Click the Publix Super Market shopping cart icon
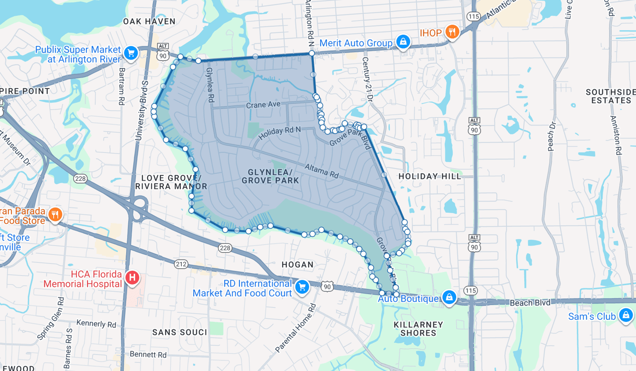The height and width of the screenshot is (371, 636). (131, 53)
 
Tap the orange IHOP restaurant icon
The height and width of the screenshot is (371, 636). (452, 32)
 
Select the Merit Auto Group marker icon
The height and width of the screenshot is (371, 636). (403, 42)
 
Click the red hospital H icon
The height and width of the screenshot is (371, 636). (132, 278)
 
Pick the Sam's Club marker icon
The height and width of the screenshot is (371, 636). (625, 315)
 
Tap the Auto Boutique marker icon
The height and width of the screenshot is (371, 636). (449, 297)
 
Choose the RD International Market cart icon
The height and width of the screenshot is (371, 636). (302, 287)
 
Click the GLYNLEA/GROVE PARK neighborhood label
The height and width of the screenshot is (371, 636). (270, 176)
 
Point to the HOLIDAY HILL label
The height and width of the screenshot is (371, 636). (429, 176)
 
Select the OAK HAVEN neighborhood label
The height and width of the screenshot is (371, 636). (149, 21)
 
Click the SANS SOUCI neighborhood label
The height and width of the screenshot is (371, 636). (179, 332)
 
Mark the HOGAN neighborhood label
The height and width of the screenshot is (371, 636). (298, 265)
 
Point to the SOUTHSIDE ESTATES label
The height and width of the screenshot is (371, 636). (610, 96)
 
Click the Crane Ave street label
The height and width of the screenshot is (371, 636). (263, 105)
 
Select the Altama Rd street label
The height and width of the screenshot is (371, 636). (321, 171)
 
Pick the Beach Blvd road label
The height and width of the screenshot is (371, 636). (530, 302)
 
